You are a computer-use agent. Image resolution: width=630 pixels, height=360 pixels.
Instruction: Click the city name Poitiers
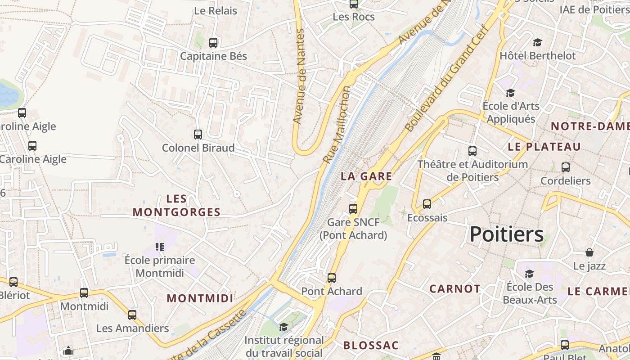click(507, 234)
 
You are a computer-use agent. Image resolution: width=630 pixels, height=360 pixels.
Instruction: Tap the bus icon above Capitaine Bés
click(213, 43)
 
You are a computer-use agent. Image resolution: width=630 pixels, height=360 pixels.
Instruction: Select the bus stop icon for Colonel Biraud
click(198, 134)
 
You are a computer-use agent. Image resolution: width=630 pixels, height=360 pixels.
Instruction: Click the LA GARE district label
click(366, 176)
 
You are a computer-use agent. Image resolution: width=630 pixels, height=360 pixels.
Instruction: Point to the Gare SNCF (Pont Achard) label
click(353, 229)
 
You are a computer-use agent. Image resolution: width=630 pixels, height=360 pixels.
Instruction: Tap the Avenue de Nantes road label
click(299, 76)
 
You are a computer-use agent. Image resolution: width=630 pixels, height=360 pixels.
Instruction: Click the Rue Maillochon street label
click(337, 125)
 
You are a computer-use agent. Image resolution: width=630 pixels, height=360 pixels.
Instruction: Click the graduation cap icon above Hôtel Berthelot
click(537, 43)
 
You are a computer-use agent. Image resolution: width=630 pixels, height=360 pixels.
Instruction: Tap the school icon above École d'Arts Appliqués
click(510, 93)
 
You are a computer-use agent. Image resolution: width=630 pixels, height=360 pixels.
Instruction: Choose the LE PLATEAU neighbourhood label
click(544, 147)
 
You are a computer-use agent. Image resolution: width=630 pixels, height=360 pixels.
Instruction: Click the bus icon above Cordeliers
click(566, 167)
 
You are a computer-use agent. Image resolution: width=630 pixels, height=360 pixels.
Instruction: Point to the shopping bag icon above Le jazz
click(589, 252)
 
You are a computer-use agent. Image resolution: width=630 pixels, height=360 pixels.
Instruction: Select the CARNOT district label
click(454, 289)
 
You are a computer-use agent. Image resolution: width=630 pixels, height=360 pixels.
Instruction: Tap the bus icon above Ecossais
click(427, 204)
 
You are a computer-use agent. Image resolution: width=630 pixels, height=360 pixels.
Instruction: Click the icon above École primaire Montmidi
click(159, 247)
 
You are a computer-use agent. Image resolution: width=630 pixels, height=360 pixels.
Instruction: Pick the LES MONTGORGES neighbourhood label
click(176, 206)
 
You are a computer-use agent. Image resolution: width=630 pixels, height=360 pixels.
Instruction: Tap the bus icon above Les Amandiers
click(132, 315)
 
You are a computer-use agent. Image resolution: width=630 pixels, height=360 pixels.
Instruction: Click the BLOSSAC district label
click(371, 346)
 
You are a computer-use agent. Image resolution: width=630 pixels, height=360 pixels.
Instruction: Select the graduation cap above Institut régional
click(283, 327)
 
